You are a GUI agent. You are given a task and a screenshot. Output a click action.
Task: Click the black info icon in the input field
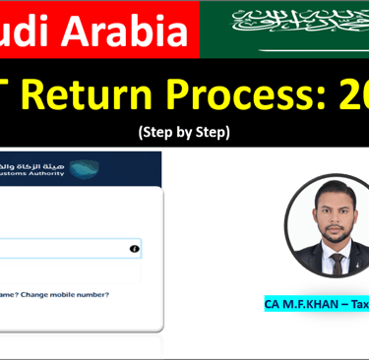134,249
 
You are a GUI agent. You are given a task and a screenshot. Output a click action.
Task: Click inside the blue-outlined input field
59,249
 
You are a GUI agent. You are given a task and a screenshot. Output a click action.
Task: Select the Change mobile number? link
68,294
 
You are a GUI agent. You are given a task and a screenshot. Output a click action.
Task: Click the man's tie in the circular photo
337,263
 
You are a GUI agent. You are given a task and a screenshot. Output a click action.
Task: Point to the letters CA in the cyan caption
273,304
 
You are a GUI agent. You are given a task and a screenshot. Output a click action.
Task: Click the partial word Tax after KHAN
359,304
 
